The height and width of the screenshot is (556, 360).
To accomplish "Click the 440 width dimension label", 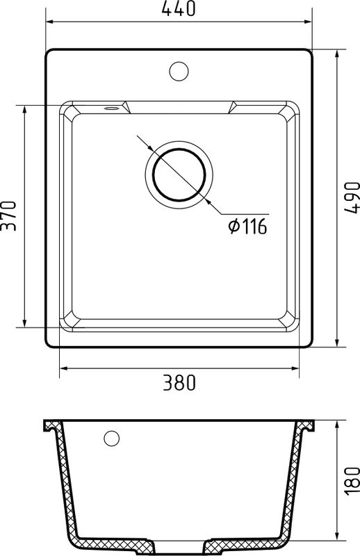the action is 179,8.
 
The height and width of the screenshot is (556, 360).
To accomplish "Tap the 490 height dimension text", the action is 352,198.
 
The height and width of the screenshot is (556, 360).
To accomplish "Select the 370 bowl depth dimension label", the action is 8,216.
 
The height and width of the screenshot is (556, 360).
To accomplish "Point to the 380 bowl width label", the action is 179,383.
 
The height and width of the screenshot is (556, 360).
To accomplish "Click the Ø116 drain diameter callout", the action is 247,227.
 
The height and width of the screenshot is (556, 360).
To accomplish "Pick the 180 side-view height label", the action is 352,481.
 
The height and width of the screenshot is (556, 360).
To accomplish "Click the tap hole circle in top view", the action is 179,71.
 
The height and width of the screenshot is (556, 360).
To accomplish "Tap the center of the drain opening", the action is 179,174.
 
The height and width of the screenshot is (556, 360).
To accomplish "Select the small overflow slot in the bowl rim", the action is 111,108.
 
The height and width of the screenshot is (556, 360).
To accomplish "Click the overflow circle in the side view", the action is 111,439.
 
